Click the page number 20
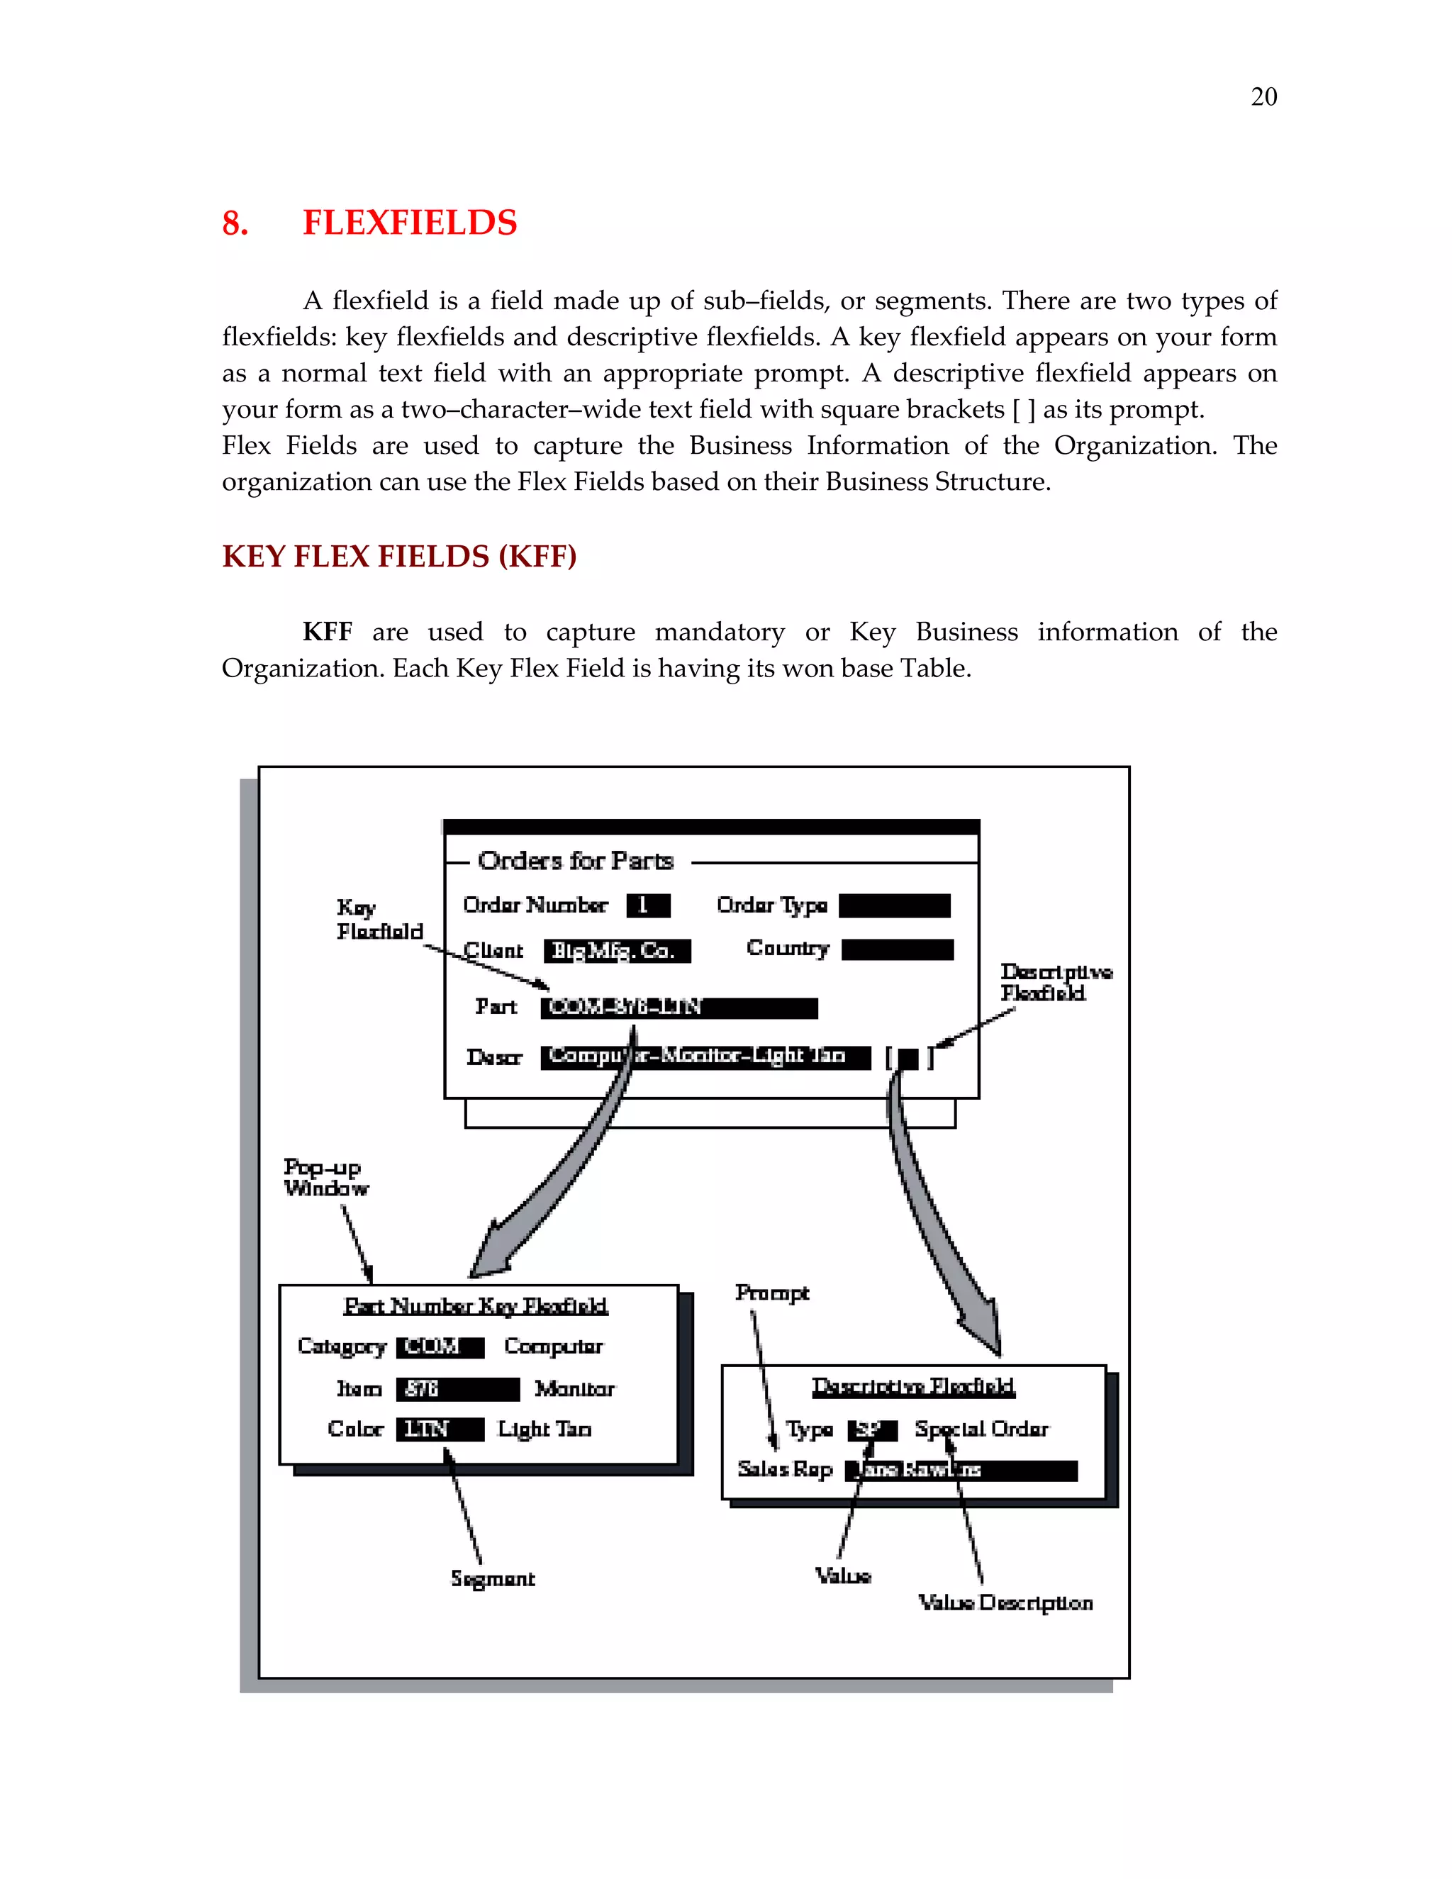click(1263, 96)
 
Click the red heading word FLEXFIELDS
click(410, 223)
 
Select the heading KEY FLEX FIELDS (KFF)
click(399, 557)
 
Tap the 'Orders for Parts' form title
click(576, 860)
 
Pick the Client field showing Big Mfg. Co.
click(617, 951)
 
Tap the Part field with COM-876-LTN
click(678, 1008)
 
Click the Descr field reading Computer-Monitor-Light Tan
click(705, 1056)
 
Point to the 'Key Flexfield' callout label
click(379, 920)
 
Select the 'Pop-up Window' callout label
click(325, 1178)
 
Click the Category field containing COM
click(440, 1347)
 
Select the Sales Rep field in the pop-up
click(961, 1471)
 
